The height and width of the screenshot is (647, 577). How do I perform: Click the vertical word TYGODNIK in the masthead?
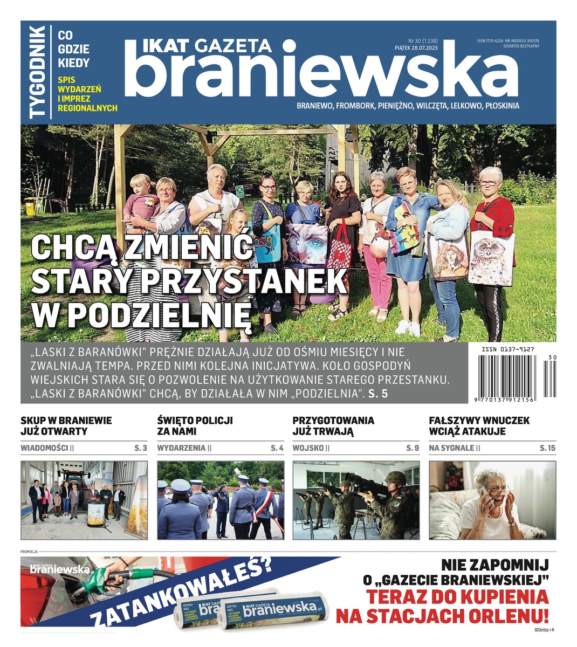pyautogui.click(x=38, y=72)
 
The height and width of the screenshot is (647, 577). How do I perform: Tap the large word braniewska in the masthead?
pyautogui.click(x=320, y=72)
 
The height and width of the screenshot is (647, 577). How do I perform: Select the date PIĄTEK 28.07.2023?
pyautogui.click(x=416, y=48)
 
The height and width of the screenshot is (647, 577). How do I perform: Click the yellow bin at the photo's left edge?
pyautogui.click(x=31, y=205)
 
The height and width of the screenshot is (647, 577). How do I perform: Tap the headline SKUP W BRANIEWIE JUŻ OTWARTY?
pyautogui.click(x=66, y=426)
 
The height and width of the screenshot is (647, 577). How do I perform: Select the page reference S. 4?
pyautogui.click(x=277, y=448)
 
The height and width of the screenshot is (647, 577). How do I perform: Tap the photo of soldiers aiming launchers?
pyautogui.click(x=355, y=500)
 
